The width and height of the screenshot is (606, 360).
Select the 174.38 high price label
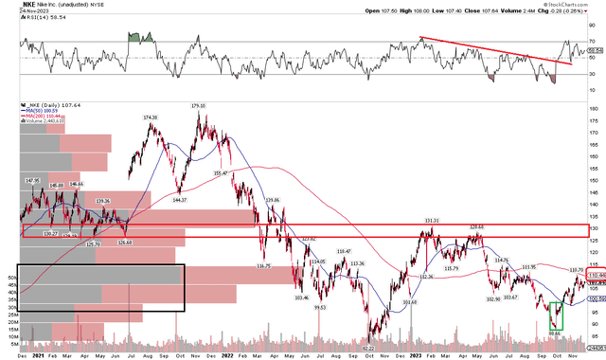click(x=150, y=117)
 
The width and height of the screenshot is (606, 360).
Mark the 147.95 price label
click(x=31, y=181)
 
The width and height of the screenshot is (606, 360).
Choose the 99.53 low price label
click(x=321, y=309)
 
